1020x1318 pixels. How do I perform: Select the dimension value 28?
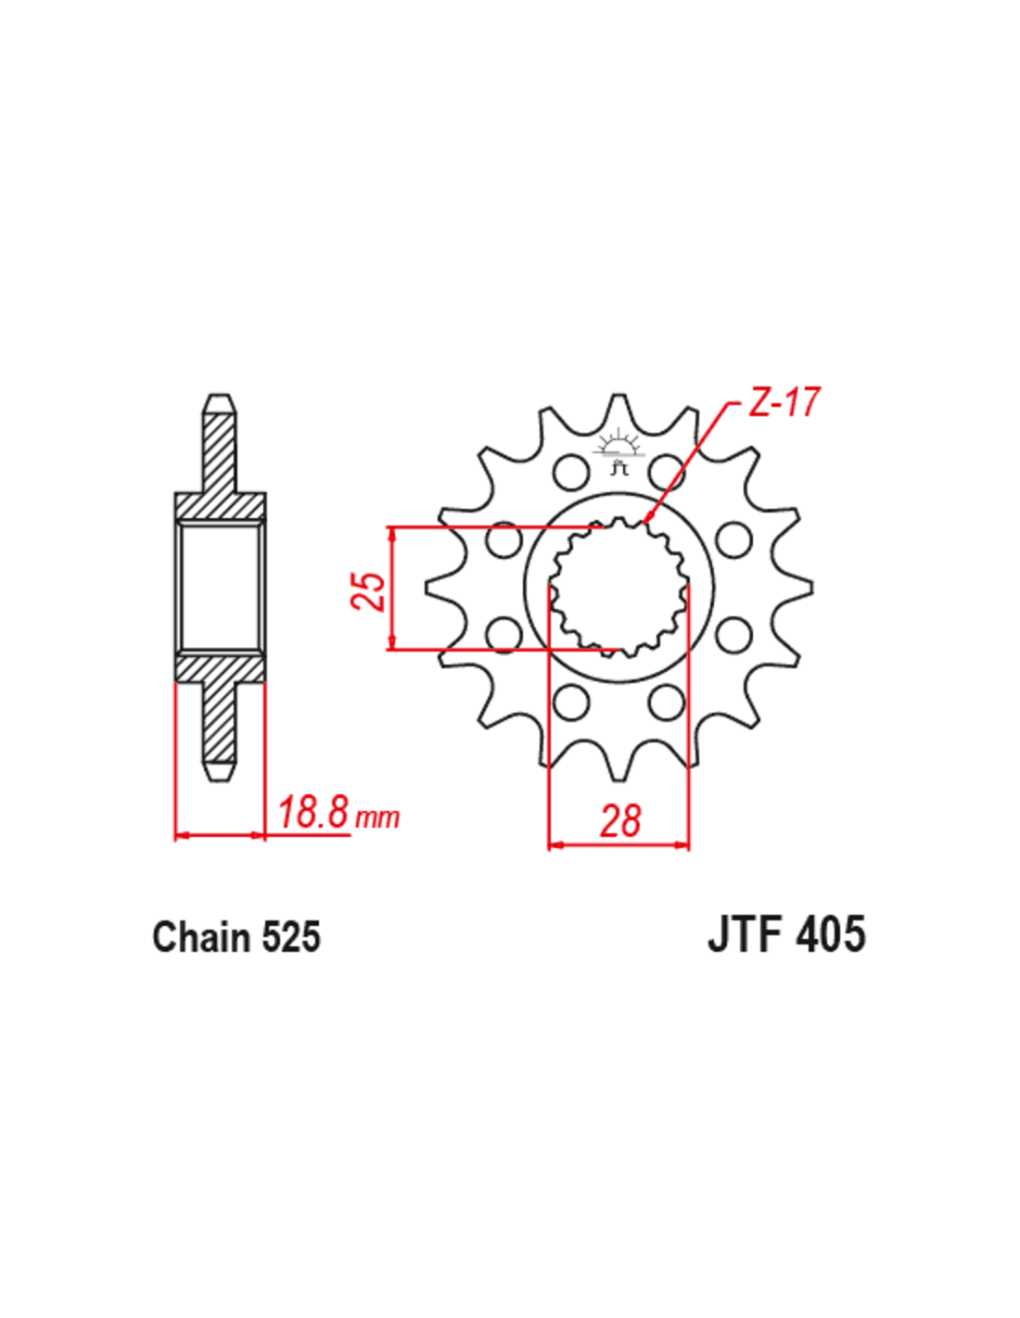[620, 820]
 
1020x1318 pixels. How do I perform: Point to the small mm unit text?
[377, 818]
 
